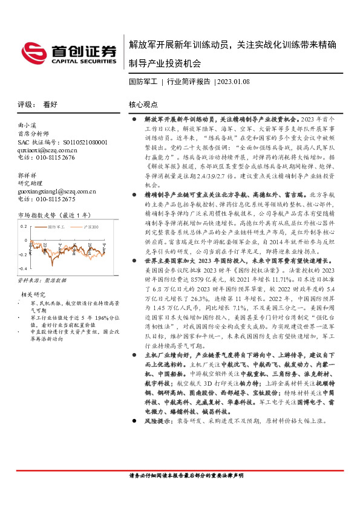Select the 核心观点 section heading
144,105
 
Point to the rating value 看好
50,105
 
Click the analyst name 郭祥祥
27,175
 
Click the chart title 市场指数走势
38,215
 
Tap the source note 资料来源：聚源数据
39,281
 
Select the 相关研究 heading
31,294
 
